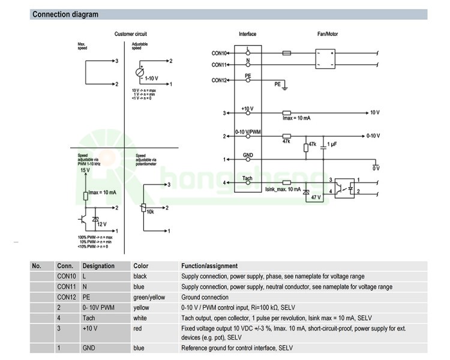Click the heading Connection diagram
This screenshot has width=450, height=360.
pos(65,14)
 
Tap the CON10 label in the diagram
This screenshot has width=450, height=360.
pos(219,53)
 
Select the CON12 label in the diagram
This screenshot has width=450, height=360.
pos(219,80)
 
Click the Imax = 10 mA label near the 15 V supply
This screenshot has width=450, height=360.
pos(102,192)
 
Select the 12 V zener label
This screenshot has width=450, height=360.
pos(101,224)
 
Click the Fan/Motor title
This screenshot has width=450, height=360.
pos(327,34)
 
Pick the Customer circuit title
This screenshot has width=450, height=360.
pos(130,34)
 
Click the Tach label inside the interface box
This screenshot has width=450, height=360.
pos(247,178)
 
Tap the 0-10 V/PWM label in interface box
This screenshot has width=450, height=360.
pos(247,131)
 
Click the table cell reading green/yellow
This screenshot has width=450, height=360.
pos(149,297)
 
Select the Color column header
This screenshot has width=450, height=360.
pos(140,266)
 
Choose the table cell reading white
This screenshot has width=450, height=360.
pos(140,317)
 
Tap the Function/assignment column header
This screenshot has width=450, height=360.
pos(209,266)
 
